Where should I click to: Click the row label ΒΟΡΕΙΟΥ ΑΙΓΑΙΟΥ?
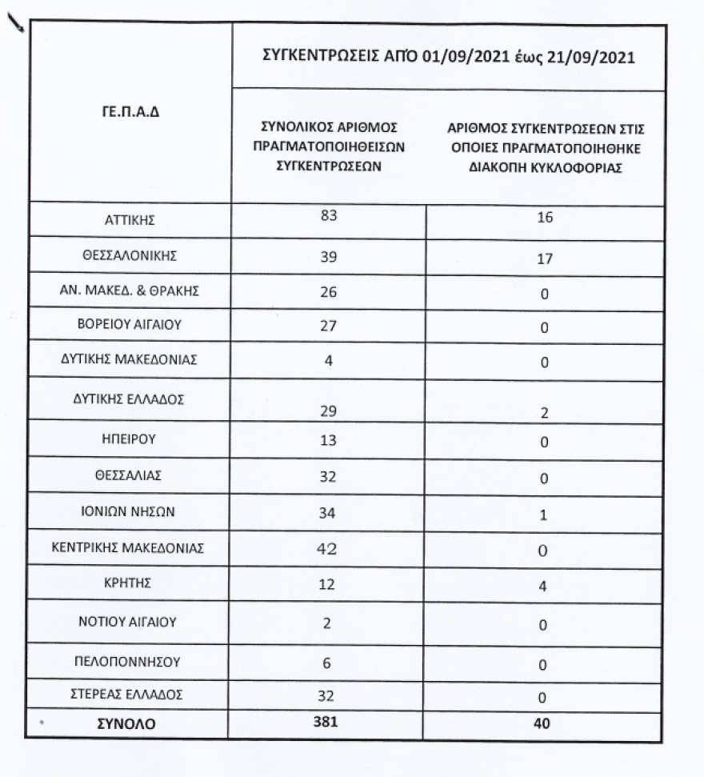pos(130,325)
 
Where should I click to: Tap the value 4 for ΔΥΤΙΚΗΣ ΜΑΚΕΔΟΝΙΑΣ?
pos(328,360)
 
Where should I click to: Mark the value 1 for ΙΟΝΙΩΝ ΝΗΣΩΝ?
pos(543,515)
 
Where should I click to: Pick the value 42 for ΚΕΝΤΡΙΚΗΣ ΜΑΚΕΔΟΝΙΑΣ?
pos(329,549)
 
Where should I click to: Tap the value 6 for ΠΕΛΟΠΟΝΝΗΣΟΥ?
pos(328,662)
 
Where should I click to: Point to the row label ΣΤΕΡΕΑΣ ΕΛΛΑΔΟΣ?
pos(130,695)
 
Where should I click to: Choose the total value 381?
pos(329,722)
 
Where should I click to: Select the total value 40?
pos(543,724)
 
